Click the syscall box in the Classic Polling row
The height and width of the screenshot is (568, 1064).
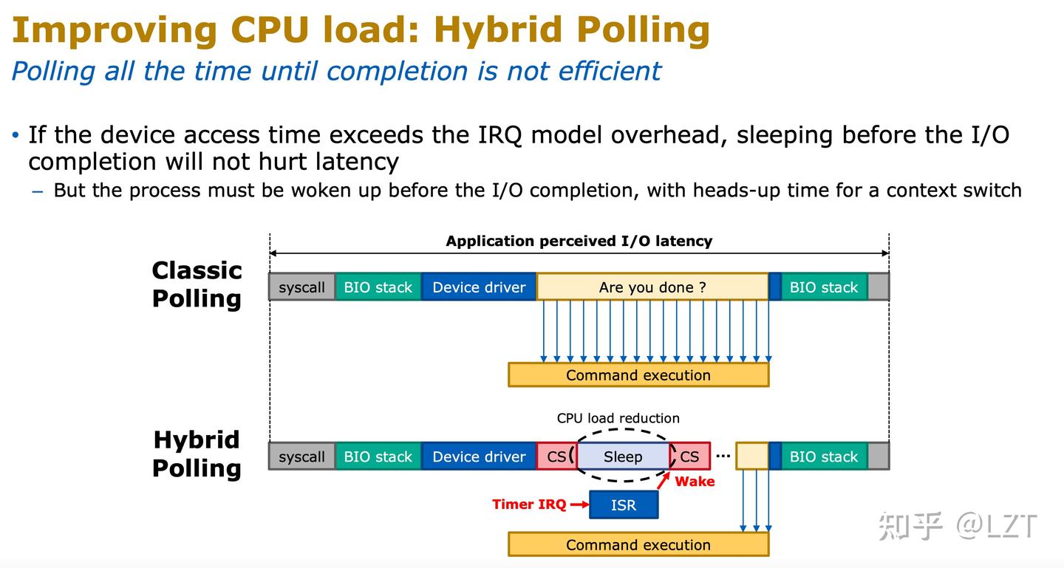click(x=301, y=287)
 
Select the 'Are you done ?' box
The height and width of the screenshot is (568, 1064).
click(x=652, y=287)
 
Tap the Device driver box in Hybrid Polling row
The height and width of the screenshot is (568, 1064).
click(x=479, y=457)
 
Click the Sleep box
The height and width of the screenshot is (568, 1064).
click(x=623, y=457)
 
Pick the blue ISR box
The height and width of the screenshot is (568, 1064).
click(x=624, y=505)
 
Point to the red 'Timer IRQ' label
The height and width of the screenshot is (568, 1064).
click(x=529, y=504)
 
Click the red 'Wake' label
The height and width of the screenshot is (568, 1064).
click(x=695, y=482)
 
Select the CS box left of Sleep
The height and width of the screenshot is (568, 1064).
click(x=556, y=457)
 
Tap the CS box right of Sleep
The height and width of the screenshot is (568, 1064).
click(x=690, y=457)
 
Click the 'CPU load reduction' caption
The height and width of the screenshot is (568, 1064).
click(x=618, y=418)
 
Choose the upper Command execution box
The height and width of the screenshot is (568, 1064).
click(x=638, y=375)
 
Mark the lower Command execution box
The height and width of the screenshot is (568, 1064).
click(x=638, y=545)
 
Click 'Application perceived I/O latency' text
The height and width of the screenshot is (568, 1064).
click(x=579, y=241)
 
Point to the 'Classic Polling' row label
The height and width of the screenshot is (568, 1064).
click(x=197, y=284)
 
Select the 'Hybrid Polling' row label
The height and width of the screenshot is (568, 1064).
click(x=197, y=454)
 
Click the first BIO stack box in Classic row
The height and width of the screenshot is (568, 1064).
click(x=378, y=287)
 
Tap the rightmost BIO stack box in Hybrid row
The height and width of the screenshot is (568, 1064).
click(x=824, y=457)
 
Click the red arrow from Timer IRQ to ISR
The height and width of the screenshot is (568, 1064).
click(x=579, y=505)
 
